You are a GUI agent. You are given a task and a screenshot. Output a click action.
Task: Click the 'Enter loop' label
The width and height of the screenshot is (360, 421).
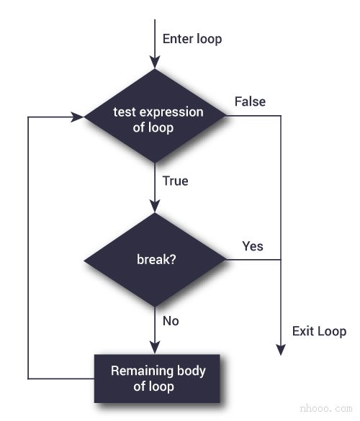192,38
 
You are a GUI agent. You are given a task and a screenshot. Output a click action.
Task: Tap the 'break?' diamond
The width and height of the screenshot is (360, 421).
155,260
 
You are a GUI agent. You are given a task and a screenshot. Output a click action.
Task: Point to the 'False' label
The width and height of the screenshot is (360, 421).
250,101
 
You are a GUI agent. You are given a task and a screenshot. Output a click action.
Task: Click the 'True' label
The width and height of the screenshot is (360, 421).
175,181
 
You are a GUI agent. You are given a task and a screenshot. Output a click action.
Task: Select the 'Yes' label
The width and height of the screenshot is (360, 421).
253,246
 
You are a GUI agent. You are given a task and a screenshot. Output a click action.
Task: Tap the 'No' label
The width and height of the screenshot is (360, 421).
171,321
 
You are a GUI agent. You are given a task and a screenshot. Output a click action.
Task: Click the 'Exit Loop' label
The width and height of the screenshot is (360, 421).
319,331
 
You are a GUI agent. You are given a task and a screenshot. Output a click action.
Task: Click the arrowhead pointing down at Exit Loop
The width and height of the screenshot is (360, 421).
280,349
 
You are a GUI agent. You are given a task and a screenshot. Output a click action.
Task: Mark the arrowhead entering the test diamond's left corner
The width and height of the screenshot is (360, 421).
78,115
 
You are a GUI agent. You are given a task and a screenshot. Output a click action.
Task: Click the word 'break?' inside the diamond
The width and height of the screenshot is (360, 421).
155,260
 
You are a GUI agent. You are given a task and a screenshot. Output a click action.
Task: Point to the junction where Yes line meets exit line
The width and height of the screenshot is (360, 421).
280,260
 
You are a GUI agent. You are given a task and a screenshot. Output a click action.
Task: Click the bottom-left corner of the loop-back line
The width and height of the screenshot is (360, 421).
28,379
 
